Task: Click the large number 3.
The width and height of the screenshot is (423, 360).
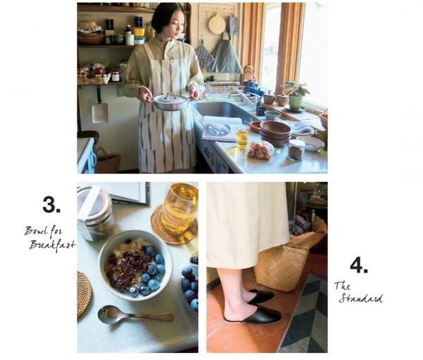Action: point(51,205)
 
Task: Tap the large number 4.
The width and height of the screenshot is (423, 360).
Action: point(359,265)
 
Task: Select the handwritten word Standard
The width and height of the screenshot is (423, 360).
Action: point(361,299)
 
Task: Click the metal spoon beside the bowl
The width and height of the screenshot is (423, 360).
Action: point(135,315)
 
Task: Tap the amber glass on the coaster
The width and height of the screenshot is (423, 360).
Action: point(179,208)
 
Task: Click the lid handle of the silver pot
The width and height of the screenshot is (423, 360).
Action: point(171,95)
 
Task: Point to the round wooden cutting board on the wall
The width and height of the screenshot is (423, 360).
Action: point(217,23)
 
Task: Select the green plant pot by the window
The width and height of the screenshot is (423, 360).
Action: point(295,103)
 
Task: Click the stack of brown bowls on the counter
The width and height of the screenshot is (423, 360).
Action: point(275,133)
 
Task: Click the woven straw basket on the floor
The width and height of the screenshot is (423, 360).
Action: point(281,267)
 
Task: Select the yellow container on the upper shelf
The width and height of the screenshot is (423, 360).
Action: point(139,32)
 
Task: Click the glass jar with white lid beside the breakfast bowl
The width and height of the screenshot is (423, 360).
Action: point(94,213)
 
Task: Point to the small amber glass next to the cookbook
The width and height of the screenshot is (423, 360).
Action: point(242,138)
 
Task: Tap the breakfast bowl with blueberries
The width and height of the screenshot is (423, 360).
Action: point(135,266)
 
